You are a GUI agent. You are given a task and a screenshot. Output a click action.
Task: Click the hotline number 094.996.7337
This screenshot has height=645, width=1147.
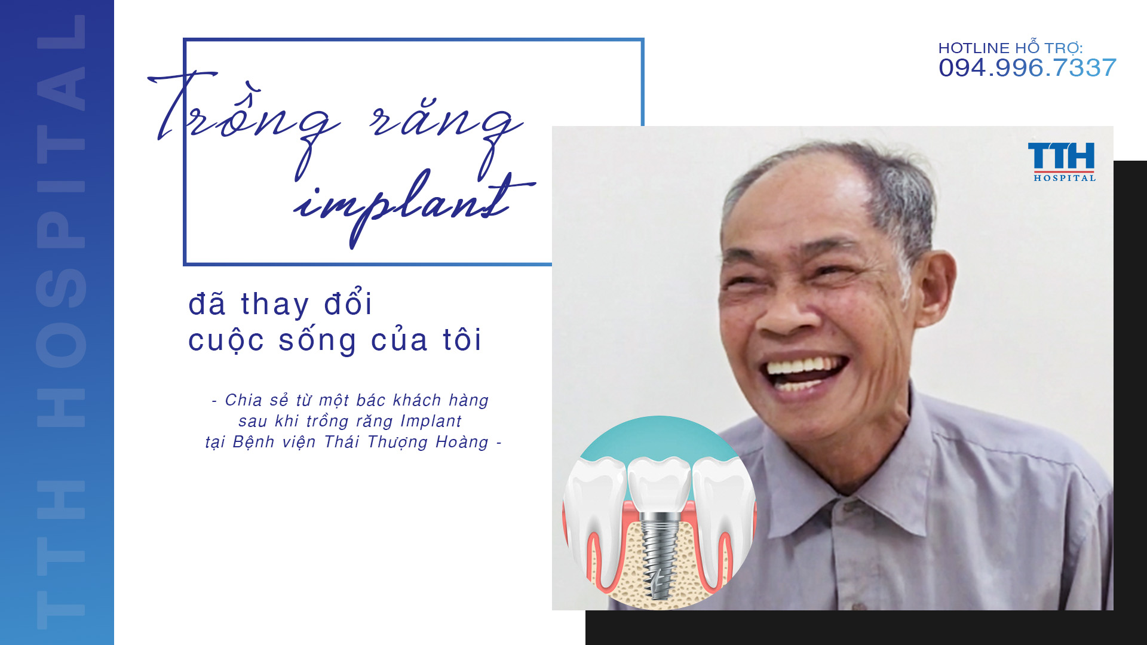[x=1027, y=68]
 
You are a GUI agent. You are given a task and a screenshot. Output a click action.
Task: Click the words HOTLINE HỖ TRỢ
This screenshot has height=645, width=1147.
[x=1010, y=48]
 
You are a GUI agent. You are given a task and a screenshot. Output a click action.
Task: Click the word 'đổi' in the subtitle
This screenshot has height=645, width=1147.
[x=348, y=303]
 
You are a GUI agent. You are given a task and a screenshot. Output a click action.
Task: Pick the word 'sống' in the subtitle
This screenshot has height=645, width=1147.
[x=318, y=340]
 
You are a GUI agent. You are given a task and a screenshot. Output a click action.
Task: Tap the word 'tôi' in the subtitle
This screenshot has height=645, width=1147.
[x=462, y=340]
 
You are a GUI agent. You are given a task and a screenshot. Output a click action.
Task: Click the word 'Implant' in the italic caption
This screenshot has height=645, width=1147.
[x=431, y=421]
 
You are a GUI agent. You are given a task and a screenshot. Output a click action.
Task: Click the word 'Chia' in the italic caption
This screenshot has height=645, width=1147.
[x=244, y=400]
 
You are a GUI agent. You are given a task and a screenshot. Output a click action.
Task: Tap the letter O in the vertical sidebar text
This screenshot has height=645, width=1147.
[x=61, y=346]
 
